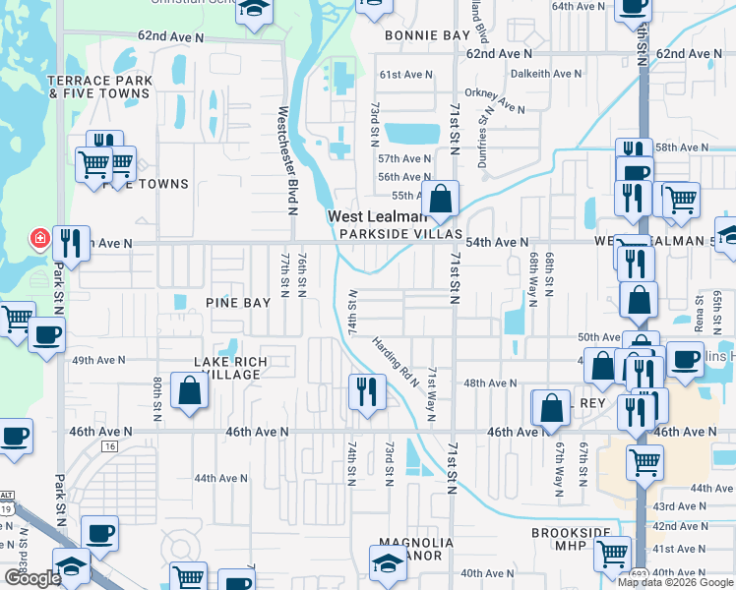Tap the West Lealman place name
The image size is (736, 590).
[x=377, y=216]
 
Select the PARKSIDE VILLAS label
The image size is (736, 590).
[x=400, y=234]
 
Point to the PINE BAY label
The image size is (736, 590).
[x=237, y=304]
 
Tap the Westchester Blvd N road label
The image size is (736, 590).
[x=288, y=160]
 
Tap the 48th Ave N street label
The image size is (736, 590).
[x=490, y=383]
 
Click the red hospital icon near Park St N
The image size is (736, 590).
[x=40, y=239]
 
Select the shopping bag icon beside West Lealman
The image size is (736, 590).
[x=442, y=197]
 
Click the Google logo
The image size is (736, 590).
[x=33, y=578]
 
